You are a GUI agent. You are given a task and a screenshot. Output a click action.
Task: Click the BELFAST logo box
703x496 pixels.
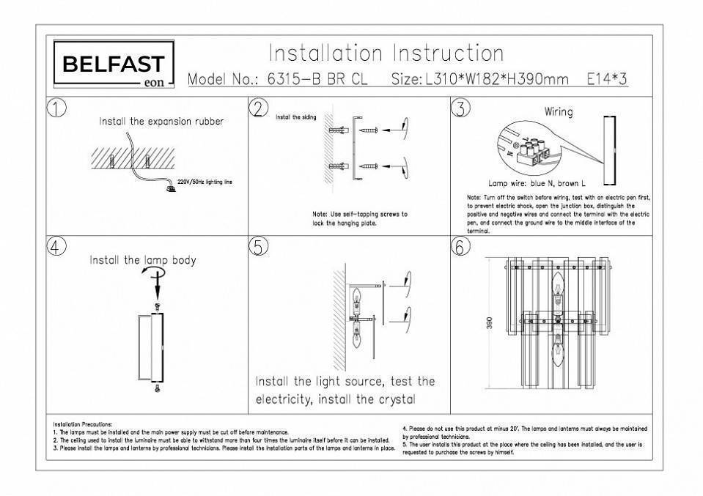[x=114, y=64]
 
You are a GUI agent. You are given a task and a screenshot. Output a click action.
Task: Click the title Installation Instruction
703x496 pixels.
[x=386, y=53]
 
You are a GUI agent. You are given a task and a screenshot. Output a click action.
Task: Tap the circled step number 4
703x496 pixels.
[x=56, y=247]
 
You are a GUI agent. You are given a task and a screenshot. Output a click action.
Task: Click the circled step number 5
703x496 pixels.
[x=258, y=247]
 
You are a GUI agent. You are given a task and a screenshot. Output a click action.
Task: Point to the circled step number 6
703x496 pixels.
[x=459, y=247]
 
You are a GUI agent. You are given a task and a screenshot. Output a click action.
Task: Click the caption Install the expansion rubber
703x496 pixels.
[x=161, y=122]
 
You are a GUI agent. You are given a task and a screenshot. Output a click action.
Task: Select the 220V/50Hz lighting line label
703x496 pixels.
[x=205, y=180]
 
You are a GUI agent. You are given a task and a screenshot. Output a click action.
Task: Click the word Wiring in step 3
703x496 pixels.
[x=558, y=112]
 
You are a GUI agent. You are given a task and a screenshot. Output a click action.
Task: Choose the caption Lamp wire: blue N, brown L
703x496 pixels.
[x=537, y=184]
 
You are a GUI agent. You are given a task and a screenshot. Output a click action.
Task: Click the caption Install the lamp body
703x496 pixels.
[x=142, y=260]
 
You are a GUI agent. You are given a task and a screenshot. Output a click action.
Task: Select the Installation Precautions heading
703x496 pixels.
[x=83, y=424]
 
